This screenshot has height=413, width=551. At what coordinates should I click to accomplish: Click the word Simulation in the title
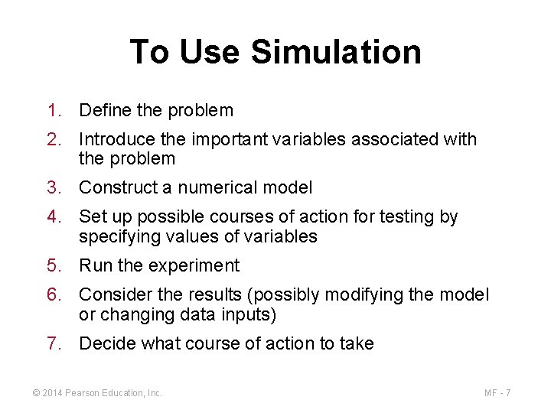pyautogui.click(x=336, y=52)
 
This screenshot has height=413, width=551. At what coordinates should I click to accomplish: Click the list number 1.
pyautogui.click(x=52, y=111)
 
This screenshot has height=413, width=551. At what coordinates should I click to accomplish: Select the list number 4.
pyautogui.click(x=52, y=217)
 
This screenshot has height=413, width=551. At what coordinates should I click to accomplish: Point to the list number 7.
pyautogui.click(x=52, y=344)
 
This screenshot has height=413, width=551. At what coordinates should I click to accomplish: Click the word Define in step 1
pyautogui.click(x=106, y=111)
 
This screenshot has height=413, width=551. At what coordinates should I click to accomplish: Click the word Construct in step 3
pyautogui.click(x=116, y=187)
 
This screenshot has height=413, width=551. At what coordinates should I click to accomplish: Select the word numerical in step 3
pyautogui.click(x=227, y=187)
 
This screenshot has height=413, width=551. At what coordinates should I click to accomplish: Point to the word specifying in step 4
pyautogui.click(x=117, y=237)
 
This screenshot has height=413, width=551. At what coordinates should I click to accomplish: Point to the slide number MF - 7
pyautogui.click(x=497, y=393)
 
